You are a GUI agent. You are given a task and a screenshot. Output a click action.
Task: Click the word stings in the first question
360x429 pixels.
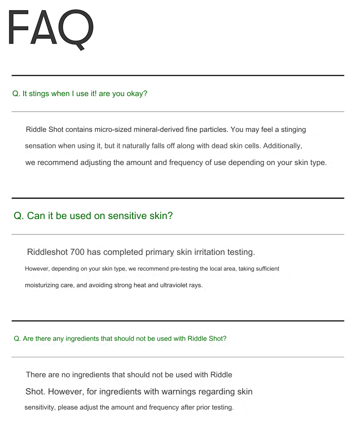39,94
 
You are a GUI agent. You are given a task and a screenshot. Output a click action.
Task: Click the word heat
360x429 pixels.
132,285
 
